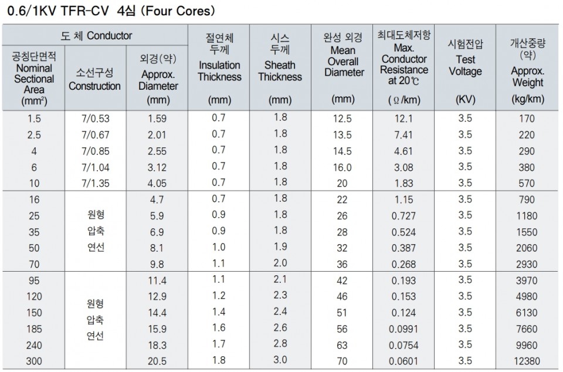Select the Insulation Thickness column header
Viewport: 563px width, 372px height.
pyautogui.click(x=219, y=65)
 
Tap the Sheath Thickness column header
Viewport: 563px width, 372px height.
pyautogui.click(x=280, y=65)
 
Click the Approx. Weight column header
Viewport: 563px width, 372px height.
pyautogui.click(x=527, y=65)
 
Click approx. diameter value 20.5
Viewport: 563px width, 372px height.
pyautogui.click(x=157, y=361)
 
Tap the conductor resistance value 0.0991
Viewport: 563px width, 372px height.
pyautogui.click(x=404, y=329)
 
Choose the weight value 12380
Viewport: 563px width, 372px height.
pyautogui.click(x=527, y=361)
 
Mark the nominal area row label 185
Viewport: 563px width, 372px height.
pyautogui.click(x=34, y=329)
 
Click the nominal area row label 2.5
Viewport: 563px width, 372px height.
pyautogui.click(x=34, y=135)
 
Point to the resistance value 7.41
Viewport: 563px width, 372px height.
pyautogui.click(x=404, y=135)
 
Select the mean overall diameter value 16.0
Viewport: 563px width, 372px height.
pyautogui.click(x=342, y=167)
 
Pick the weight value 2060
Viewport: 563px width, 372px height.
pyautogui.click(x=527, y=248)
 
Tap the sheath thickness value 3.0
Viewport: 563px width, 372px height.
pyautogui.click(x=280, y=360)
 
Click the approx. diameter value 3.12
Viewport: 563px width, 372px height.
pyautogui.click(x=157, y=167)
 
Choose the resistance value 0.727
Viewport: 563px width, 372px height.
pyautogui.click(x=404, y=216)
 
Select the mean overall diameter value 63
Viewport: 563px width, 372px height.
pyautogui.click(x=342, y=345)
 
